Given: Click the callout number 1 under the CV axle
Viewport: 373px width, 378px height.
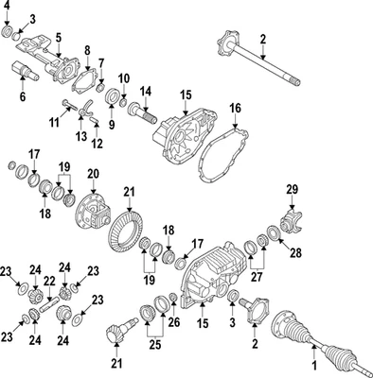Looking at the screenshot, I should pos(314,364).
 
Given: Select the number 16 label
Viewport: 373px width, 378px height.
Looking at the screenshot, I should pos(236,108).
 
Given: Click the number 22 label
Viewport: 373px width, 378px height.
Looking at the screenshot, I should pos(49,282).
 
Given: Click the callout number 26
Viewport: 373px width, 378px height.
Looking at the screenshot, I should pos(173,322).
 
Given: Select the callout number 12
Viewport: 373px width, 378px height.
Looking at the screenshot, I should pos(98,144).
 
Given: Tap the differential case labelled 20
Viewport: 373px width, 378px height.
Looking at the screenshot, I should pos(96,211).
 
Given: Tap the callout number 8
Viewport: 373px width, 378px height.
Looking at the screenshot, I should pos(86,49).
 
